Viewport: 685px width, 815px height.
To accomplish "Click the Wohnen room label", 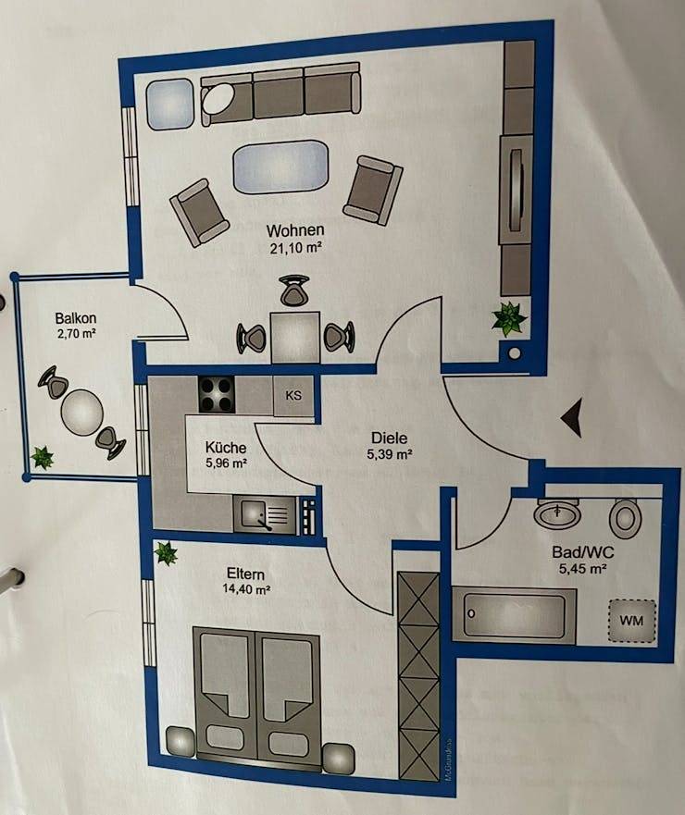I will (x=294, y=230).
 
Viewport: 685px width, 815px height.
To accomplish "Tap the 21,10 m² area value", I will (x=294, y=247).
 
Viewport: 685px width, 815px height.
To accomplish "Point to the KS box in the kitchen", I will (x=293, y=396).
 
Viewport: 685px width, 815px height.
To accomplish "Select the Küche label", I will (x=225, y=448).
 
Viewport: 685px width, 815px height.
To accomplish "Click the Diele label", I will (x=389, y=438).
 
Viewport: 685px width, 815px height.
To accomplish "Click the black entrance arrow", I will (x=572, y=418).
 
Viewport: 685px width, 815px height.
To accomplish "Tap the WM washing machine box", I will (x=631, y=618).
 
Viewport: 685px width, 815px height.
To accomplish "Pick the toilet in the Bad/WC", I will (x=627, y=518).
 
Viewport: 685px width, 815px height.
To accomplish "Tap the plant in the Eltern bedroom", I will (x=166, y=554).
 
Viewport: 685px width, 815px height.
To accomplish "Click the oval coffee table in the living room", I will (x=280, y=167).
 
